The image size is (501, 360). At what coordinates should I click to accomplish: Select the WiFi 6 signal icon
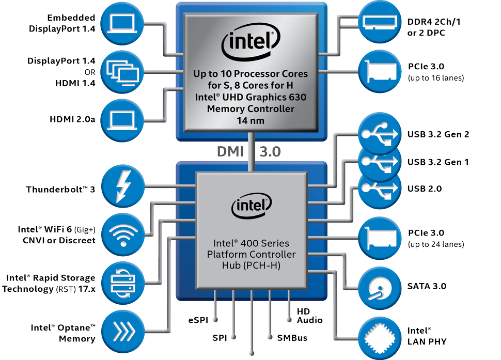coord(122,233)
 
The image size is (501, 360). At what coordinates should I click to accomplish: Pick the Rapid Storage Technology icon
coord(122,282)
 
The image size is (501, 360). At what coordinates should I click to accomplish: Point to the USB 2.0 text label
coord(425,189)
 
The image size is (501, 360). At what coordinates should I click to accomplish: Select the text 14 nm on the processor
coord(251,120)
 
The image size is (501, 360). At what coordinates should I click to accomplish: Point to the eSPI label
coord(198,320)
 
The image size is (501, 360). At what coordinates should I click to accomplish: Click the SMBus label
coord(292,338)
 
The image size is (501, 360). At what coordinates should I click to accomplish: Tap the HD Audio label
coord(309,316)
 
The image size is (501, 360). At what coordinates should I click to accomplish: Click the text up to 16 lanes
coord(435,78)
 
